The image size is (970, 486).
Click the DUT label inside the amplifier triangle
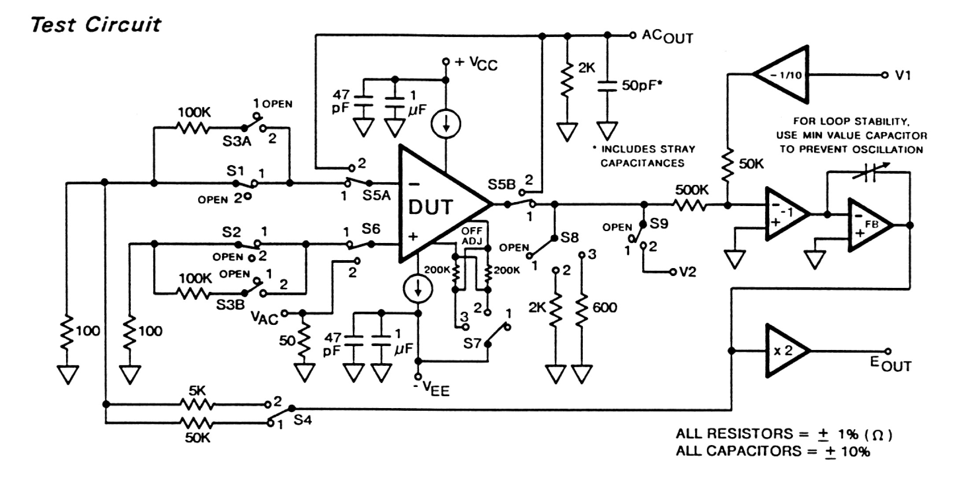[430, 207]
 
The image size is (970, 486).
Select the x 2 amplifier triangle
[784, 351]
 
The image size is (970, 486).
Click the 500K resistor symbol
[689, 205]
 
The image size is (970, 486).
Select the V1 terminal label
[903, 75]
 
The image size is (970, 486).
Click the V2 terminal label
[687, 272]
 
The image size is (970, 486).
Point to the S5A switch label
[376, 195]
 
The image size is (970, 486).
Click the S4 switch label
[302, 420]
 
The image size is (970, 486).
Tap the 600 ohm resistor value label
[604, 307]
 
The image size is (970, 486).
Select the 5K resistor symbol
[196, 404]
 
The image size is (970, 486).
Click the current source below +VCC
[446, 124]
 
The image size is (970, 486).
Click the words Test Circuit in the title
[96, 24]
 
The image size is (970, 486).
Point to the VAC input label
[264, 317]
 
